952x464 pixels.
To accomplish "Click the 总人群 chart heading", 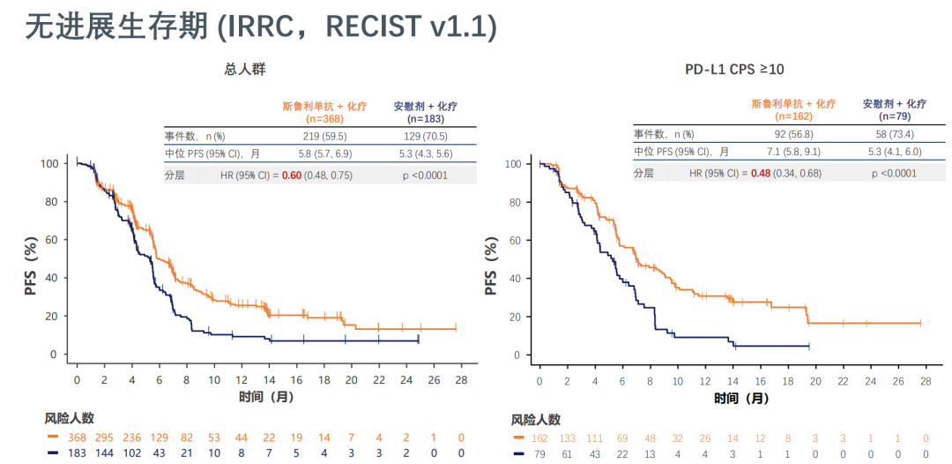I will (245, 69).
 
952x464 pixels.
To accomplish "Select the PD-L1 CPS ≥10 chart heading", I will (734, 69).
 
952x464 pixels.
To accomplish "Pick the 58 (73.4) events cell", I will (894, 135).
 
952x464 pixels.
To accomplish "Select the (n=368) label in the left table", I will (324, 118).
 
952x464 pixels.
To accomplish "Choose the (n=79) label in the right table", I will (895, 116).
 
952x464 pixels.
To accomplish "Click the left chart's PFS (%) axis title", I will (32, 266).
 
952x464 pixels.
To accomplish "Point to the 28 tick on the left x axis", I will (461, 379).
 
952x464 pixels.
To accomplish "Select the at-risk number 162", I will (539, 438).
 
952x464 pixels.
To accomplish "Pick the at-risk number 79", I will (539, 453).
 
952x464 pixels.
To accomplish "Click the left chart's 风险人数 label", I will (70, 418).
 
